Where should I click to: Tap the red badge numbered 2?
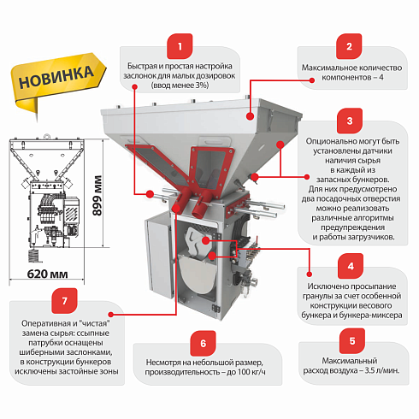click(348, 47)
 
